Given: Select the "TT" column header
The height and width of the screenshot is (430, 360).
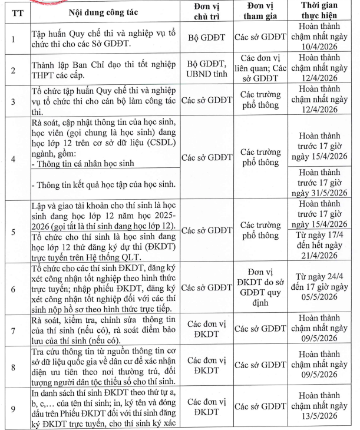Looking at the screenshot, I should tap(14, 11).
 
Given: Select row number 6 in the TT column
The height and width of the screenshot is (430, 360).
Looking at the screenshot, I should tap(14, 288).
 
